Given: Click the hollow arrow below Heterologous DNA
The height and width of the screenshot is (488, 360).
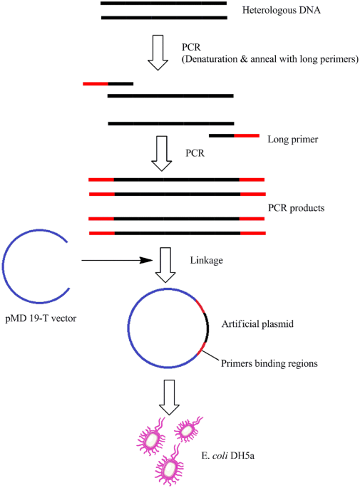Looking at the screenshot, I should point(163,56).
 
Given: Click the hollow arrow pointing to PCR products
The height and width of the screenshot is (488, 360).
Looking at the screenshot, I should point(163,152).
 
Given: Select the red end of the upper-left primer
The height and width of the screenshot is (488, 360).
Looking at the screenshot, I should point(95,83).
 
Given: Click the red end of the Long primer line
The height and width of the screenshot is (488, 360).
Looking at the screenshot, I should point(247,135).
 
